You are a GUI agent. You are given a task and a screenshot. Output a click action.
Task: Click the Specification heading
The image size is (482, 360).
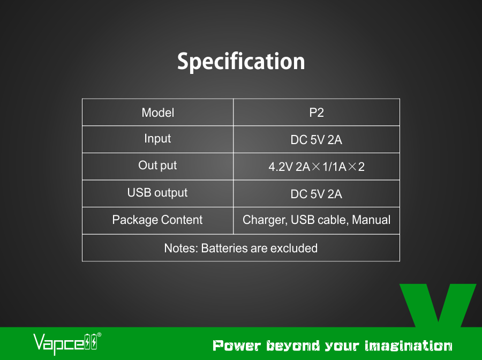point(241,62)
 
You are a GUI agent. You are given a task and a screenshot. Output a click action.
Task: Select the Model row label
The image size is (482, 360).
point(157,112)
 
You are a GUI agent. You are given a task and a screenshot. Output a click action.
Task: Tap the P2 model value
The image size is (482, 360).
point(317,112)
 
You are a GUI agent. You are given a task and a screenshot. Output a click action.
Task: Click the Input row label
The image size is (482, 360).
point(157,139)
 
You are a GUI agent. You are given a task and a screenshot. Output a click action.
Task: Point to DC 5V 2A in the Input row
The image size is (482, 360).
point(317,140)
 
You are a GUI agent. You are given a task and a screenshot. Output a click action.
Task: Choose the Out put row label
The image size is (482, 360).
point(157,166)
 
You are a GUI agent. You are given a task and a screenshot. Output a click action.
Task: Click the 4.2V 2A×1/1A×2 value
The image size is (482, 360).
point(317,167)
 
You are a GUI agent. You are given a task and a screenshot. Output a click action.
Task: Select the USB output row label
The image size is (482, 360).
point(157,193)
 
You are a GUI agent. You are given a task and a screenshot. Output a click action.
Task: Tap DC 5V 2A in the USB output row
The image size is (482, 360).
point(317,194)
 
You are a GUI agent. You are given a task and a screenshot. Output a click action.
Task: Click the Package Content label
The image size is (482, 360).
point(157,220)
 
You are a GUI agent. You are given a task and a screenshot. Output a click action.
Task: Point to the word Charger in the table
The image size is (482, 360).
point(265,220)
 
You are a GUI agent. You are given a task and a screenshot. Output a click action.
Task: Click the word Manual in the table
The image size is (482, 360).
point(371,220)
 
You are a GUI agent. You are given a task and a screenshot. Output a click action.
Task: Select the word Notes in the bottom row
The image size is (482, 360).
point(181,248)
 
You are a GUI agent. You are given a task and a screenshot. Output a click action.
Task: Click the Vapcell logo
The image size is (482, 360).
point(67,343)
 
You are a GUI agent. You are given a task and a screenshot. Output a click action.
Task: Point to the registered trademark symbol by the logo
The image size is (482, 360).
point(99,335)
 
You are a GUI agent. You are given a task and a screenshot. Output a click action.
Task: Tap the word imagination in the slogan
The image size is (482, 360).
point(409,346)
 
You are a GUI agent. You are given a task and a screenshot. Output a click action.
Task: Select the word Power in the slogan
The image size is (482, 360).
point(237,346)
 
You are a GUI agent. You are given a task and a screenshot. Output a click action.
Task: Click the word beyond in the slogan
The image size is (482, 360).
point(293,347)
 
